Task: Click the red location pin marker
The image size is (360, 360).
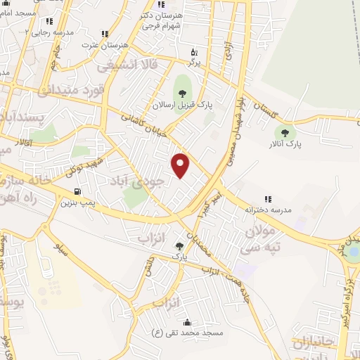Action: (181, 165)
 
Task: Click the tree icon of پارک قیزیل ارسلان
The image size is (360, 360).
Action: (183, 92)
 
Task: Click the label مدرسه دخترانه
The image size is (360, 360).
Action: (267, 210)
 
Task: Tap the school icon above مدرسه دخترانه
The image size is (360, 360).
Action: (267, 199)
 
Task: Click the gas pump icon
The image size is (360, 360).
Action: (76, 191)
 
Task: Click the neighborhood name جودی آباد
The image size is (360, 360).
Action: (138, 180)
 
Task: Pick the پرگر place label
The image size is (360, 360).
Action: (193, 63)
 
